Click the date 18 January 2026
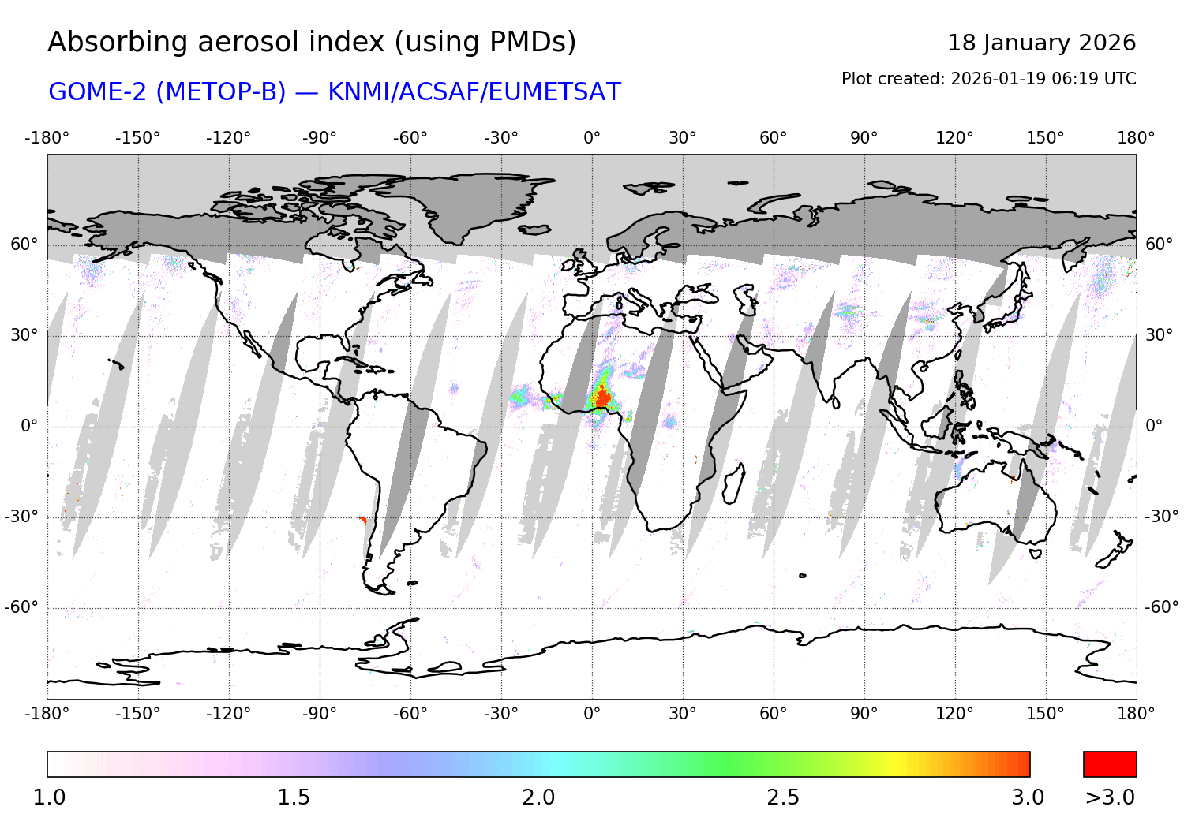(1041, 43)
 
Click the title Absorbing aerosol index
(312, 43)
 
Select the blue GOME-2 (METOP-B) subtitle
(334, 92)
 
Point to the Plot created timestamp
(988, 79)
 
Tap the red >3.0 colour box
(1110, 764)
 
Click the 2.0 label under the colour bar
(538, 797)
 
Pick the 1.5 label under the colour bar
(294, 797)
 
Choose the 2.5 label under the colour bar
(783, 797)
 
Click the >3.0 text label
(1110, 797)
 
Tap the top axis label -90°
(320, 138)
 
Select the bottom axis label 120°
(954, 714)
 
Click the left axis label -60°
(21, 607)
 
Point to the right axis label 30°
(1159, 335)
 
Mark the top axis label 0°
(592, 138)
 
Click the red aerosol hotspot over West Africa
(601, 398)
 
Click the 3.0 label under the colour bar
(1028, 797)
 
